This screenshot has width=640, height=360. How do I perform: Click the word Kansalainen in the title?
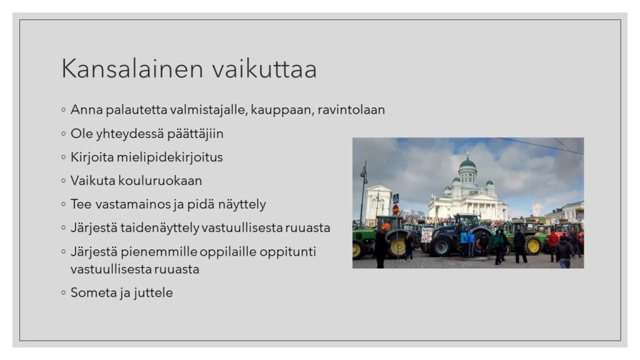[132, 69]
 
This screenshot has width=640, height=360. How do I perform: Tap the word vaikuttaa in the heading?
[264, 69]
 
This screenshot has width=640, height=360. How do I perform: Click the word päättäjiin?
[195, 134]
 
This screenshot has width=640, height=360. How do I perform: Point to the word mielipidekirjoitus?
[170, 157]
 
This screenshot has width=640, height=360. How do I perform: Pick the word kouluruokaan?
[160, 181]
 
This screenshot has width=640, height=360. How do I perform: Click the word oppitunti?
[287, 252]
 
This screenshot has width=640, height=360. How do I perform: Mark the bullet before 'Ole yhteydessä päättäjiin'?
[63, 134]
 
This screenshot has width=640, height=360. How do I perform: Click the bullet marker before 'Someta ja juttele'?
[63, 292]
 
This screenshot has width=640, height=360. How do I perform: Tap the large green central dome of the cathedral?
[467, 163]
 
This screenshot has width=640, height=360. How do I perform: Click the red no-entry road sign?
[396, 210]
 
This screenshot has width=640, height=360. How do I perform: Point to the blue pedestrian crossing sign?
[396, 199]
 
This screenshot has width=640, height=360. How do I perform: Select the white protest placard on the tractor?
[426, 235]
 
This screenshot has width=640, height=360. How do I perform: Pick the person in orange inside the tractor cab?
[386, 225]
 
